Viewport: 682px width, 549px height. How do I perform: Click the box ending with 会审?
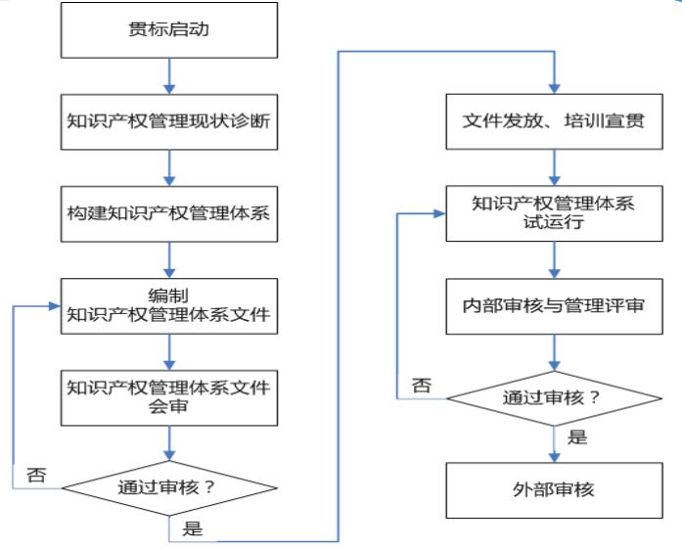click(x=171, y=396)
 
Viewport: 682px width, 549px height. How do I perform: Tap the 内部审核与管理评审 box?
click(x=556, y=304)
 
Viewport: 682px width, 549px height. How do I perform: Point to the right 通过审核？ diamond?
click(x=556, y=397)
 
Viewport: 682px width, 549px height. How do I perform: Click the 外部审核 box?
click(x=556, y=488)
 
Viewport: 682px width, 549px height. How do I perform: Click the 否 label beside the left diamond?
click(x=36, y=476)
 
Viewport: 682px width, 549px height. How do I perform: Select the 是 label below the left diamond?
click(x=193, y=529)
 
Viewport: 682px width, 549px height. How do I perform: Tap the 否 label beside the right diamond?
click(x=421, y=385)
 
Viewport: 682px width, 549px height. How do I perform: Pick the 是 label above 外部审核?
click(x=577, y=436)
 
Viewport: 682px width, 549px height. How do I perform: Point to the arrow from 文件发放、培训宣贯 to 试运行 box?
click(x=556, y=165)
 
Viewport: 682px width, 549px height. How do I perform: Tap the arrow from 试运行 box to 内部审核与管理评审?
click(x=556, y=258)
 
